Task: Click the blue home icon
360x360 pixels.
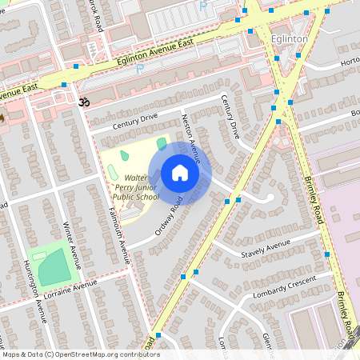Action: click(180, 173)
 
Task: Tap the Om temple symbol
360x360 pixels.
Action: click(81, 102)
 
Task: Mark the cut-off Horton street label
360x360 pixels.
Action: click(350, 62)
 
